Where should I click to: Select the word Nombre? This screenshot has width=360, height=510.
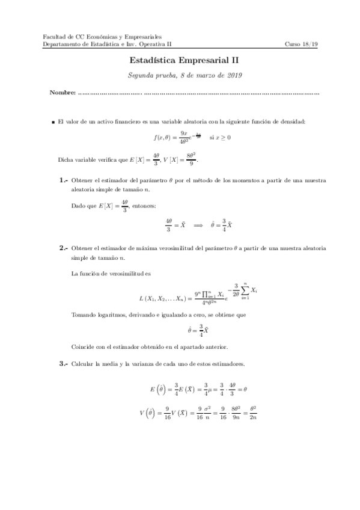click(x=63, y=93)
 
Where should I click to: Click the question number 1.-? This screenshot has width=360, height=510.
click(x=64, y=180)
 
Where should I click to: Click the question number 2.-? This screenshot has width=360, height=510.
click(x=64, y=248)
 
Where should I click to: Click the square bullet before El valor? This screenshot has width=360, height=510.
click(x=53, y=121)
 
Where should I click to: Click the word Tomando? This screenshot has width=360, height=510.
click(x=85, y=315)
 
